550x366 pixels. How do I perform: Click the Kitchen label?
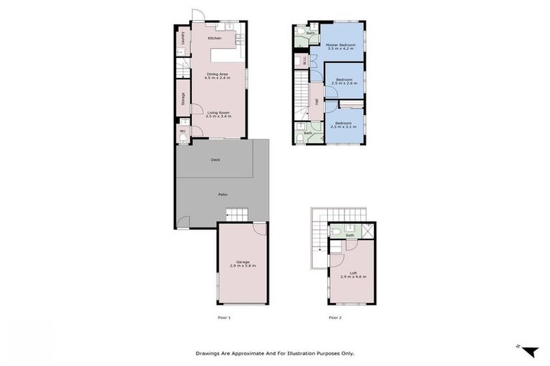click(x=214, y=38)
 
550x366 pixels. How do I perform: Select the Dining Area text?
click(x=217, y=74)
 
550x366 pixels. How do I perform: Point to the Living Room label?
click(x=218, y=112)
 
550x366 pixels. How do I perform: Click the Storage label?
click(x=183, y=99)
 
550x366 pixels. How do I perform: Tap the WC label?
click(x=183, y=131)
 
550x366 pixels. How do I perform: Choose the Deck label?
click(x=215, y=160)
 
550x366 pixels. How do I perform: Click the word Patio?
click(x=223, y=194)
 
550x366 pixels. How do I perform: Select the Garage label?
click(x=243, y=262)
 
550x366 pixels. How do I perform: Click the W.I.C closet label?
click(x=305, y=61)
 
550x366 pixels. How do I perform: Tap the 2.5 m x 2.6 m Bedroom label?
click(x=344, y=79)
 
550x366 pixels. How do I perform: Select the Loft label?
click(x=352, y=272)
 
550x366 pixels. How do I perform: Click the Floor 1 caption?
click(x=224, y=317)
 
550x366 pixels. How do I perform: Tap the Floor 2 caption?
click(x=334, y=317)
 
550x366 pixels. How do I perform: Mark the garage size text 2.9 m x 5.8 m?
click(x=243, y=266)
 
